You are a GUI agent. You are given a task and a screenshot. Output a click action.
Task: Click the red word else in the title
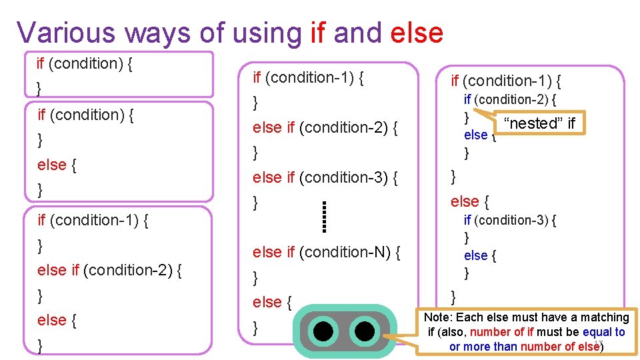point(416,32)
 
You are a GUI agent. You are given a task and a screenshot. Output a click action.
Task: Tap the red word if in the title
point(319,32)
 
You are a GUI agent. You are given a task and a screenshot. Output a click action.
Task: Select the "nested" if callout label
point(539,123)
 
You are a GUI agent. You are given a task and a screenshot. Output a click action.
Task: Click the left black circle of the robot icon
point(324,331)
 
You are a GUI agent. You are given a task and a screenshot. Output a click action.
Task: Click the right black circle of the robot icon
point(364,331)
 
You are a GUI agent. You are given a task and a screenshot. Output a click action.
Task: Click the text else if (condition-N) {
point(327,252)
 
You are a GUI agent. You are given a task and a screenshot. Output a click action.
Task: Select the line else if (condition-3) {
point(325,177)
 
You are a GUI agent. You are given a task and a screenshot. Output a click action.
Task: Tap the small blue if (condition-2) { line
point(510,100)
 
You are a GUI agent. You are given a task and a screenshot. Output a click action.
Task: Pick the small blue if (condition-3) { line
point(510,220)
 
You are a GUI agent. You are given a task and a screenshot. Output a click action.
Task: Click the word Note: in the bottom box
point(439,317)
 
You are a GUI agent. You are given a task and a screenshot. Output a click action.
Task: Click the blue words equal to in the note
point(603,332)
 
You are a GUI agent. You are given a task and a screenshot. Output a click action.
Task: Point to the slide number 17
point(597,343)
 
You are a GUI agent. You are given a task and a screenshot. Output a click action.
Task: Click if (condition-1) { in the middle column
point(308,77)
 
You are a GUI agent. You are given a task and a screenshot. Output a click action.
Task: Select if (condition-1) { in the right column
point(506,81)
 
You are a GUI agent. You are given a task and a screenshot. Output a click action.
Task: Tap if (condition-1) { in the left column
point(93,220)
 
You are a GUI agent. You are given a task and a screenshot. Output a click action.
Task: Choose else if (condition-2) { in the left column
point(111,270)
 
